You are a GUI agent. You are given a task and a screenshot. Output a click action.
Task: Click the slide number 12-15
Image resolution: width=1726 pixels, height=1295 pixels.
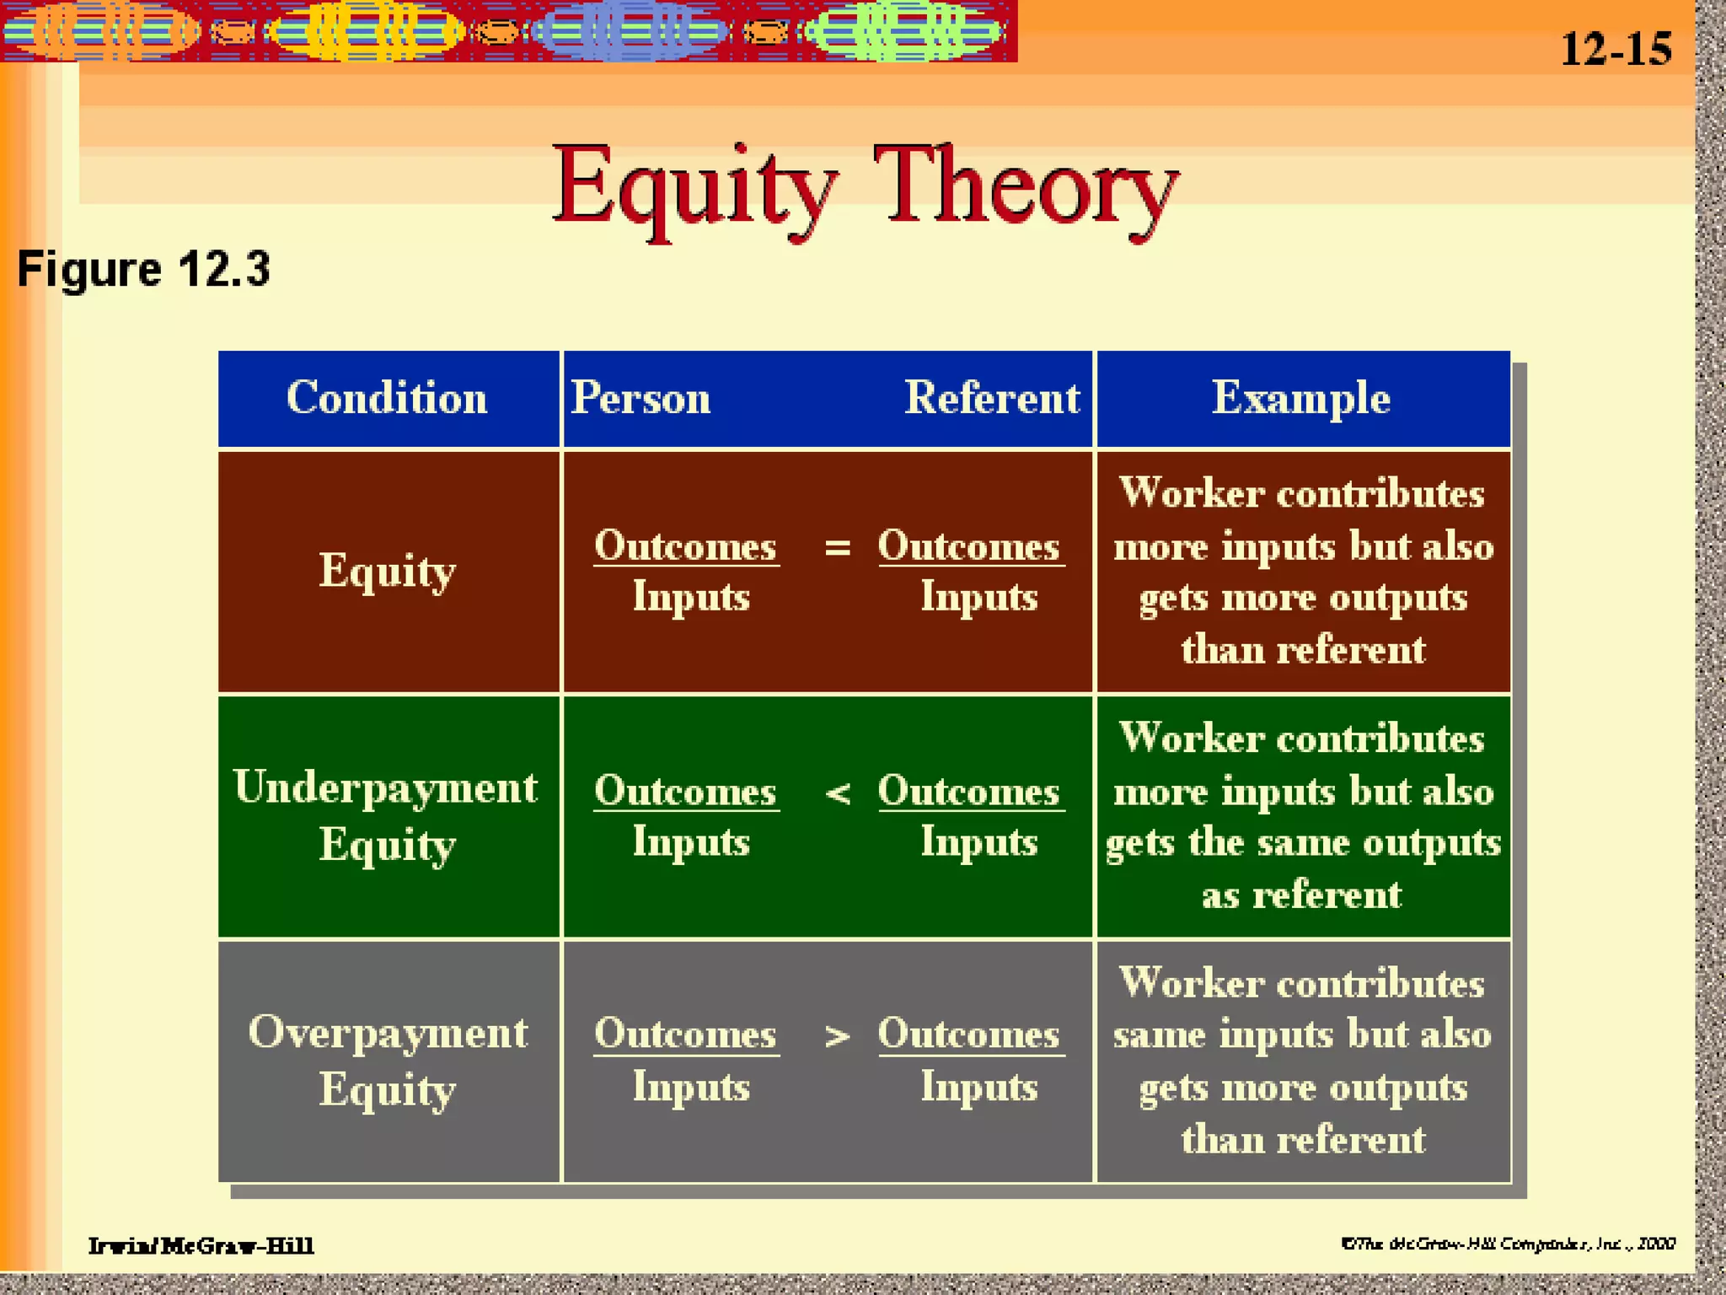[x=1616, y=49]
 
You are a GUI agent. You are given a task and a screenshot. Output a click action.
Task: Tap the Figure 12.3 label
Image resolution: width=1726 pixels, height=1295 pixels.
[x=143, y=270]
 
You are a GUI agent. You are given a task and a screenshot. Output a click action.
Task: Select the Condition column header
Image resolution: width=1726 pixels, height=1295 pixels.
[x=387, y=398]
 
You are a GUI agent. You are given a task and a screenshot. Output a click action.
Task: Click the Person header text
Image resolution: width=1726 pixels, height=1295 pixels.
[x=641, y=398]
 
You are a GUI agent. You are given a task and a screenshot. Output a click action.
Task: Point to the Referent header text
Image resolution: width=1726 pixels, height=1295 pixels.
[x=991, y=398]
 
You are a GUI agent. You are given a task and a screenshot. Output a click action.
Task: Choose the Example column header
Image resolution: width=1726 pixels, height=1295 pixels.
[x=1301, y=398]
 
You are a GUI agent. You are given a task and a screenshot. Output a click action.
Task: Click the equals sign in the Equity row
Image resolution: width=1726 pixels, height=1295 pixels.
[x=837, y=548]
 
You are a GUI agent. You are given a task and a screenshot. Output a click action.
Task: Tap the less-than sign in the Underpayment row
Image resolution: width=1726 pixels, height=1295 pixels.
[x=837, y=793]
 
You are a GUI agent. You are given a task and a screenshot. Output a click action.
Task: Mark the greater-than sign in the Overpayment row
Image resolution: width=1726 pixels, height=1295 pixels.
[x=837, y=1036]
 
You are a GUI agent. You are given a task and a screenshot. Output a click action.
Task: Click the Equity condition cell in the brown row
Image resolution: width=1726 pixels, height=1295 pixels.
[x=387, y=572]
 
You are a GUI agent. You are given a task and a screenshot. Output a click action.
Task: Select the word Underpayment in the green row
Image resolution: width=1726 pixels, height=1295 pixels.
[x=385, y=788]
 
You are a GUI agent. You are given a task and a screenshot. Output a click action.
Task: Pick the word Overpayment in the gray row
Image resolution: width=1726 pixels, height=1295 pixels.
[x=388, y=1033]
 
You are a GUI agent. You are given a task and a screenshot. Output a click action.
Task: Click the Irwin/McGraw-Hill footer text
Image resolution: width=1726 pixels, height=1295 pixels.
[x=201, y=1245]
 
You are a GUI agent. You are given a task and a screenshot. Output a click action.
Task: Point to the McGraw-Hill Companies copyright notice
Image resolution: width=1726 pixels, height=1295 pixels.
[x=1508, y=1244]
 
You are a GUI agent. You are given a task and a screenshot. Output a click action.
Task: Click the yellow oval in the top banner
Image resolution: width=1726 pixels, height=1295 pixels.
[x=367, y=32]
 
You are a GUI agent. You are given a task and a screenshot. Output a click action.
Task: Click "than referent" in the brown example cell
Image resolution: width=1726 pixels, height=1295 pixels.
[x=1303, y=650]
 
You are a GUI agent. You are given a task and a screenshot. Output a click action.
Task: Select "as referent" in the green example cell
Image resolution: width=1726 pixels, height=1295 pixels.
[x=1301, y=895]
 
